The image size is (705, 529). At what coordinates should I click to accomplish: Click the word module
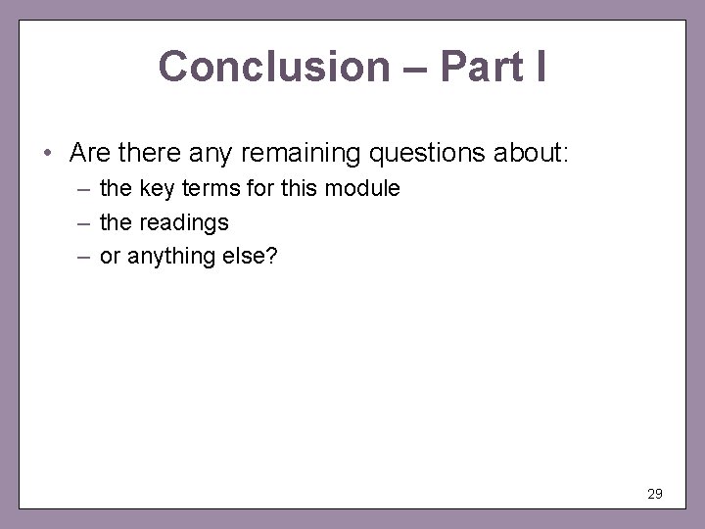364,189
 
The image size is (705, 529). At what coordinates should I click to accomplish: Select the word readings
183,222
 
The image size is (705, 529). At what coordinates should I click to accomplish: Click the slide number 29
655,494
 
